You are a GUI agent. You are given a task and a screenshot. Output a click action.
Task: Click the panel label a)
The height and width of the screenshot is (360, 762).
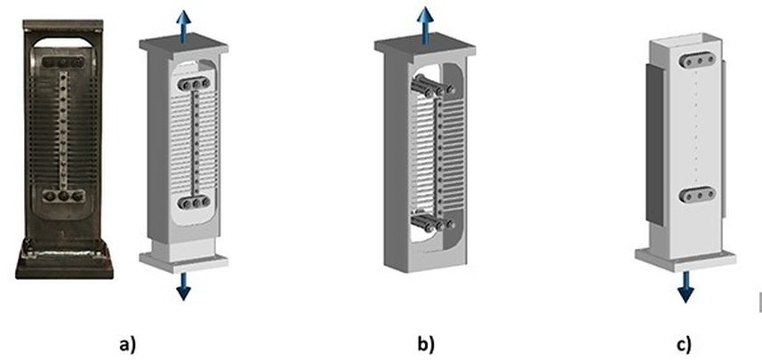coord(128,344)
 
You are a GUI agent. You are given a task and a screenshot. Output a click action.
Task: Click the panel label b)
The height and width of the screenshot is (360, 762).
coord(426,344)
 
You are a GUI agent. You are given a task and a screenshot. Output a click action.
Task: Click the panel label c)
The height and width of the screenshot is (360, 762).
coord(685,344)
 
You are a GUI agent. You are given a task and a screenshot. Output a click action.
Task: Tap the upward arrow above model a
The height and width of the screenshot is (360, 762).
coord(183,27)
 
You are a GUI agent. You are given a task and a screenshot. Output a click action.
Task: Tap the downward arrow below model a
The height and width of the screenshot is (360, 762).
coord(183,286)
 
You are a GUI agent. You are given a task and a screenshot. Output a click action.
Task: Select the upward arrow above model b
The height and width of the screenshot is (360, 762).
coord(425,24)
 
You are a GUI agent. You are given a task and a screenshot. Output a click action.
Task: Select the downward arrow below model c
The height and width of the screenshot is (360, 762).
coord(686,287)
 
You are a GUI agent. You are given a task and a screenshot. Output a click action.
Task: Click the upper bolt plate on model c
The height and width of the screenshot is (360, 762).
coord(698,60)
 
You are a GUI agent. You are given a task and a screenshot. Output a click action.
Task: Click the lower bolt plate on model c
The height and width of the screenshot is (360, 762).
coord(697,195)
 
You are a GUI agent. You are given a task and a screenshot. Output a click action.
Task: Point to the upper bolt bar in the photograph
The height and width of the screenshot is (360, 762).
coord(63,62)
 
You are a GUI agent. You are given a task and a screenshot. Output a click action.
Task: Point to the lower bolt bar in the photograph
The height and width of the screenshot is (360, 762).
coord(64,196)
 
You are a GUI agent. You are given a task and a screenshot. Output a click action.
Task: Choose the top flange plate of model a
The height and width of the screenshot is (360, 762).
coord(184,44)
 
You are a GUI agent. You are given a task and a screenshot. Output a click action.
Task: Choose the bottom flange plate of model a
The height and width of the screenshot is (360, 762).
coord(184,262)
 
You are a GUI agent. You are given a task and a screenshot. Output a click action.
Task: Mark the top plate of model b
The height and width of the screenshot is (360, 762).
coord(425,45)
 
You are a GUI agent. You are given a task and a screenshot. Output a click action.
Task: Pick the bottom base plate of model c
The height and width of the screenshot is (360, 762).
coord(686,259)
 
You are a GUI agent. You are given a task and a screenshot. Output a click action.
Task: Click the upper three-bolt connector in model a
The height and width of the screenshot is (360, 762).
coord(195,84)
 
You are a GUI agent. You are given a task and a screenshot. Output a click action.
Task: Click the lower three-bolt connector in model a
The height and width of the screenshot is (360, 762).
coord(195,202)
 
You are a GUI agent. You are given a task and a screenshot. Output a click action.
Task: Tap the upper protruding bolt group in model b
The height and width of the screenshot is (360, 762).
coord(433,85)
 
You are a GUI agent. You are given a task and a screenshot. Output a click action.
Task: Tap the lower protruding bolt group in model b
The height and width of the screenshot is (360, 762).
coord(433,222)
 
